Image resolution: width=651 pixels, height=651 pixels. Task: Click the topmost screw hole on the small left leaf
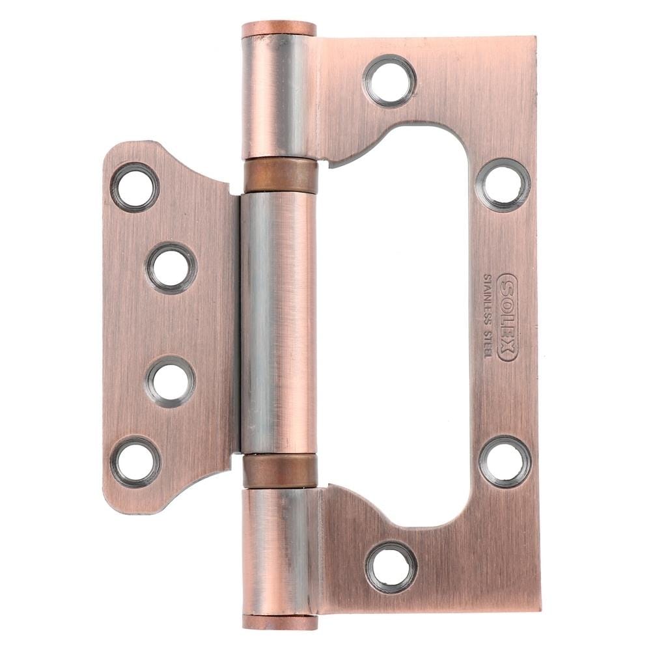135,187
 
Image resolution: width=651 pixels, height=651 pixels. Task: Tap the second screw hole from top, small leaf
171,268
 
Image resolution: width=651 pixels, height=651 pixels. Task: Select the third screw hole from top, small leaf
171,381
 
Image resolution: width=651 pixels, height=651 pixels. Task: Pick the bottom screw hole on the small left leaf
136,462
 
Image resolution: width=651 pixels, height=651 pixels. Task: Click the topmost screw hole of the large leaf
390,81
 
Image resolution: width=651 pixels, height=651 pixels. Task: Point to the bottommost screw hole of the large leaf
391,567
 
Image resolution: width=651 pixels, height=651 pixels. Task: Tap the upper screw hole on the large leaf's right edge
503,185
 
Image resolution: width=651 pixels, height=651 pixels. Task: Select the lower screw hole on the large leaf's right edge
505,462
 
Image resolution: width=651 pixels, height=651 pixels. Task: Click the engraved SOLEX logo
507,317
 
